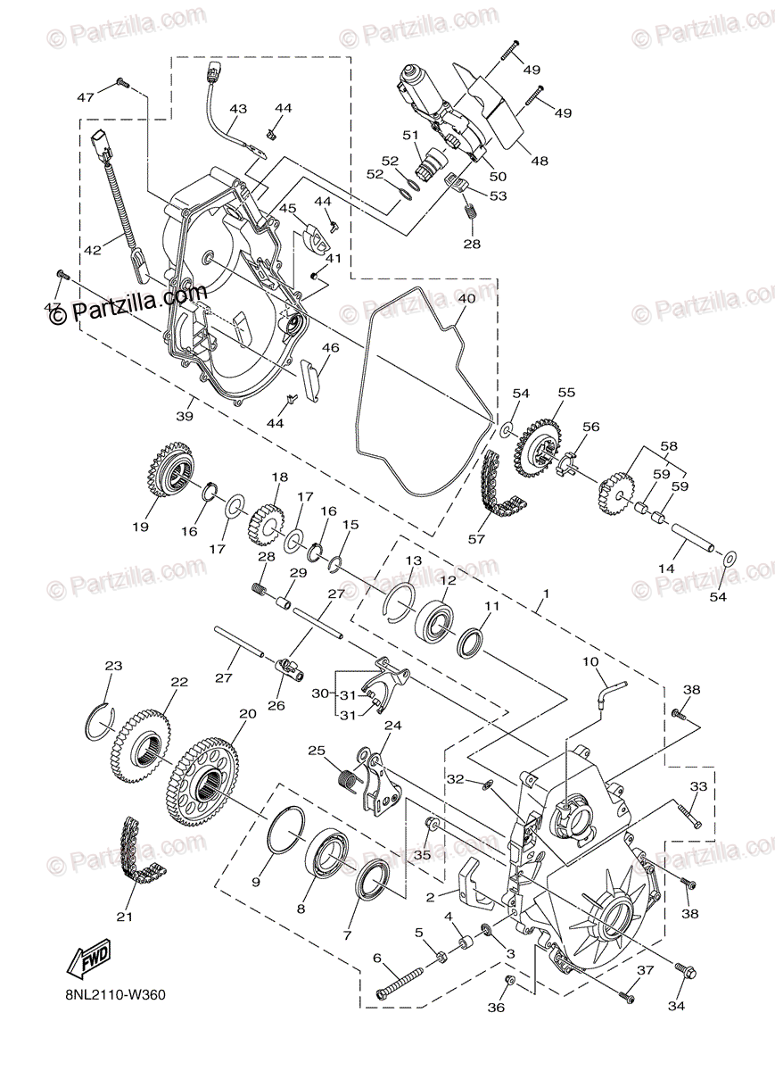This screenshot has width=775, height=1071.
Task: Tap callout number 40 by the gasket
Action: click(x=463, y=301)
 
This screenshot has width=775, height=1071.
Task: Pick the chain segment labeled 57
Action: click(x=495, y=486)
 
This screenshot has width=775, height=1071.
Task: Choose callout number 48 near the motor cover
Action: click(x=539, y=162)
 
